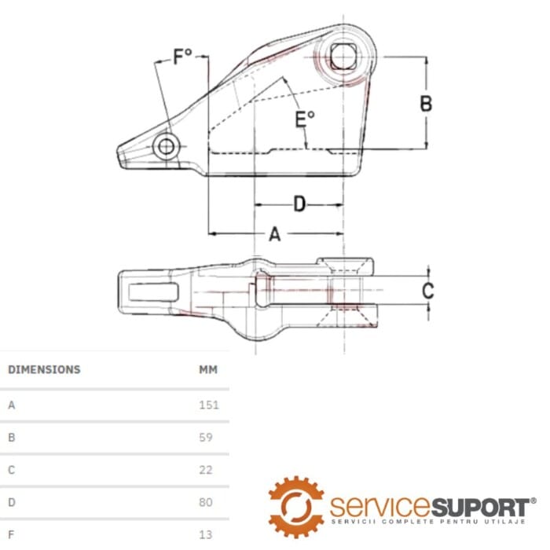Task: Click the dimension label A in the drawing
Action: (275, 233)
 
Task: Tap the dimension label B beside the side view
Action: (426, 103)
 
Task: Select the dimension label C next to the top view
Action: (427, 291)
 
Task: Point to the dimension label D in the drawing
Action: (299, 204)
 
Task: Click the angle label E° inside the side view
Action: (305, 119)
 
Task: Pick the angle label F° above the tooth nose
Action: (183, 57)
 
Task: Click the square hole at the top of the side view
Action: (342, 57)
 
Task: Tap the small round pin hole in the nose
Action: (167, 147)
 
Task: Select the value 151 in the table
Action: (208, 405)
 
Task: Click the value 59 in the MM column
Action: (205, 438)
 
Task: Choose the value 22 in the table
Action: (205, 470)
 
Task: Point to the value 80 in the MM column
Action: (205, 502)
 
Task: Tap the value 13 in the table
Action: (205, 534)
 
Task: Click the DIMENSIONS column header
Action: (44, 369)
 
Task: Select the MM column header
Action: (208, 369)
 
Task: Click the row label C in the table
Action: (12, 470)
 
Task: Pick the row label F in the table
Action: (12, 534)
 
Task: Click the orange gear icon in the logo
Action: (296, 506)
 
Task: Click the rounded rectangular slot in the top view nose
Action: (151, 291)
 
